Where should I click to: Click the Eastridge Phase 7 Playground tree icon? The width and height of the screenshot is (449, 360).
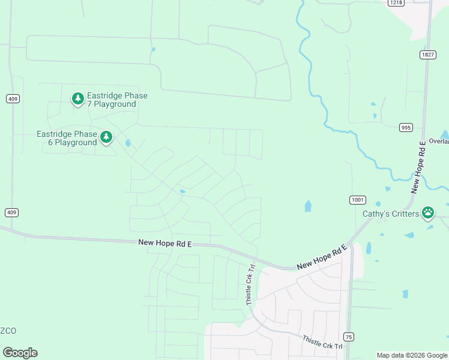tap(77, 98)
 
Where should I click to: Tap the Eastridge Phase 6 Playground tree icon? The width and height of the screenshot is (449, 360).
tap(106, 137)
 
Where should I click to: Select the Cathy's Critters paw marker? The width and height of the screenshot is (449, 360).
tap(428, 212)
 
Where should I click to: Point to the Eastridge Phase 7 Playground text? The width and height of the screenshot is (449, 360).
tap(117, 100)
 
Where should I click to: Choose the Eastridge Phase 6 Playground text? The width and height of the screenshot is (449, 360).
tap(67, 138)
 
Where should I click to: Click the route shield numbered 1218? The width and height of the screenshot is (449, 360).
tap(396, 3)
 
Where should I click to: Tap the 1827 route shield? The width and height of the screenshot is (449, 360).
tap(427, 55)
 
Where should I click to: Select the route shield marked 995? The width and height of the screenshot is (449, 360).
tap(406, 127)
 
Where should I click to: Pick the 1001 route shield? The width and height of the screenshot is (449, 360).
tap(358, 200)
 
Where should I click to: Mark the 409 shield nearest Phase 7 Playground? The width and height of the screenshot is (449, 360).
tap(12, 98)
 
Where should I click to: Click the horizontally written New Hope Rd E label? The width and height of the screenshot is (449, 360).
tap(164, 242)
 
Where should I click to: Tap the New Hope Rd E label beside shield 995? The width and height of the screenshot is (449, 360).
tap(418, 167)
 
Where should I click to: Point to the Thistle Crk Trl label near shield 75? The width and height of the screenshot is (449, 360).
tap(322, 343)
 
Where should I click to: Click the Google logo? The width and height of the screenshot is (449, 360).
tap(20, 353)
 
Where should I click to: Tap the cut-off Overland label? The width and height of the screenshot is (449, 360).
tap(439, 142)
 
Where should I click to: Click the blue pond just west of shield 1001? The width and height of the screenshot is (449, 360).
tap(308, 206)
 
